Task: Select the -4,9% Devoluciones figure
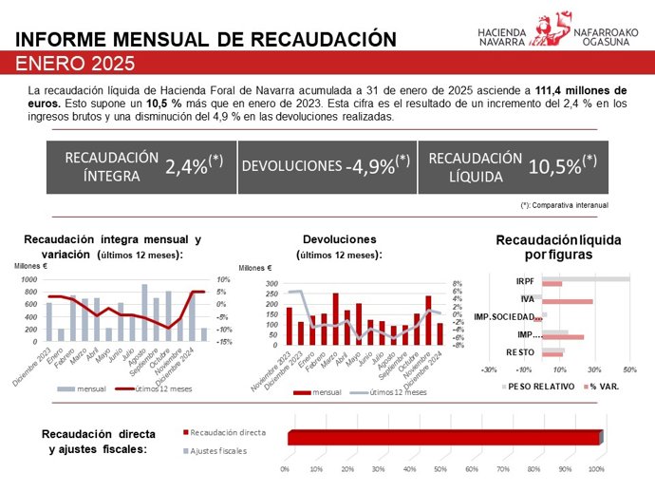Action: pos(378,166)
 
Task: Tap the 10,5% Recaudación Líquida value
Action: pos(566,166)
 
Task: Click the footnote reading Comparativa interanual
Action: pos(567,205)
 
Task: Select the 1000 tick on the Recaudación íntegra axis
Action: pos(28,280)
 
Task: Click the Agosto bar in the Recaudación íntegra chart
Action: pos(144,312)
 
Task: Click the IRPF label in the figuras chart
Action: pos(524,281)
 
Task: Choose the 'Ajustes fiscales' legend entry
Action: pos(214,449)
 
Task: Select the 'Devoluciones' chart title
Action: pos(339,239)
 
